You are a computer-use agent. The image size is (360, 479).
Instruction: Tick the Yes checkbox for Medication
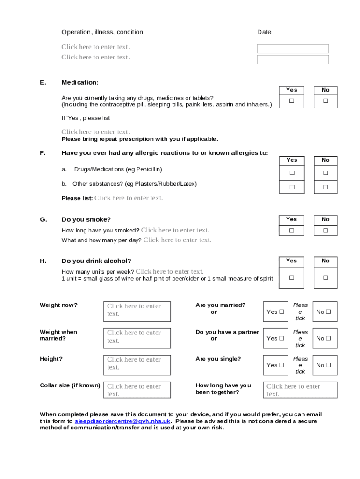pyautogui.click(x=291, y=101)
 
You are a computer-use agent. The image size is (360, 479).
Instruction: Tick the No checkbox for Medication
pyautogui.click(x=325, y=101)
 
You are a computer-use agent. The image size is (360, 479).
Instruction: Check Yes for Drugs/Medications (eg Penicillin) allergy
pyautogui.click(x=292, y=173)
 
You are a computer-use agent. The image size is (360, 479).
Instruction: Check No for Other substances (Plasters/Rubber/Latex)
pyautogui.click(x=325, y=187)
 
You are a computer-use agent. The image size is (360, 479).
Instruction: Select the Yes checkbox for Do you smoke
pyautogui.click(x=292, y=231)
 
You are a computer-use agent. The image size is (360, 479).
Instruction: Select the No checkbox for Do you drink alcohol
pyautogui.click(x=325, y=277)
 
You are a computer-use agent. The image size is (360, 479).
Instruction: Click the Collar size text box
pyautogui.click(x=137, y=390)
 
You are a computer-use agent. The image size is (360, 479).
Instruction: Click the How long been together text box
pyautogui.click(x=301, y=390)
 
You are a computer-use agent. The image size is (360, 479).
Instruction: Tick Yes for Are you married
pyautogui.click(x=281, y=312)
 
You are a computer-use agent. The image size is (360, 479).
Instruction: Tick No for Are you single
pyautogui.click(x=328, y=365)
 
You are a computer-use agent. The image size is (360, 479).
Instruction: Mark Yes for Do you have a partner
pyautogui.click(x=281, y=339)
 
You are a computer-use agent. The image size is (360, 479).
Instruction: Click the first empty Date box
pyautogui.click(x=293, y=49)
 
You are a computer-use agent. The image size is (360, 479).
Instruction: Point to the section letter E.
pyautogui.click(x=43, y=82)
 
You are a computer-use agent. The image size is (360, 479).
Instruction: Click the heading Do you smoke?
pyautogui.click(x=86, y=219)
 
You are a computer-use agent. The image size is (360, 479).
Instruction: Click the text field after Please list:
pyautogui.click(x=129, y=198)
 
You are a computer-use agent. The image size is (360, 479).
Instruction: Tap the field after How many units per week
pyautogui.click(x=170, y=272)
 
